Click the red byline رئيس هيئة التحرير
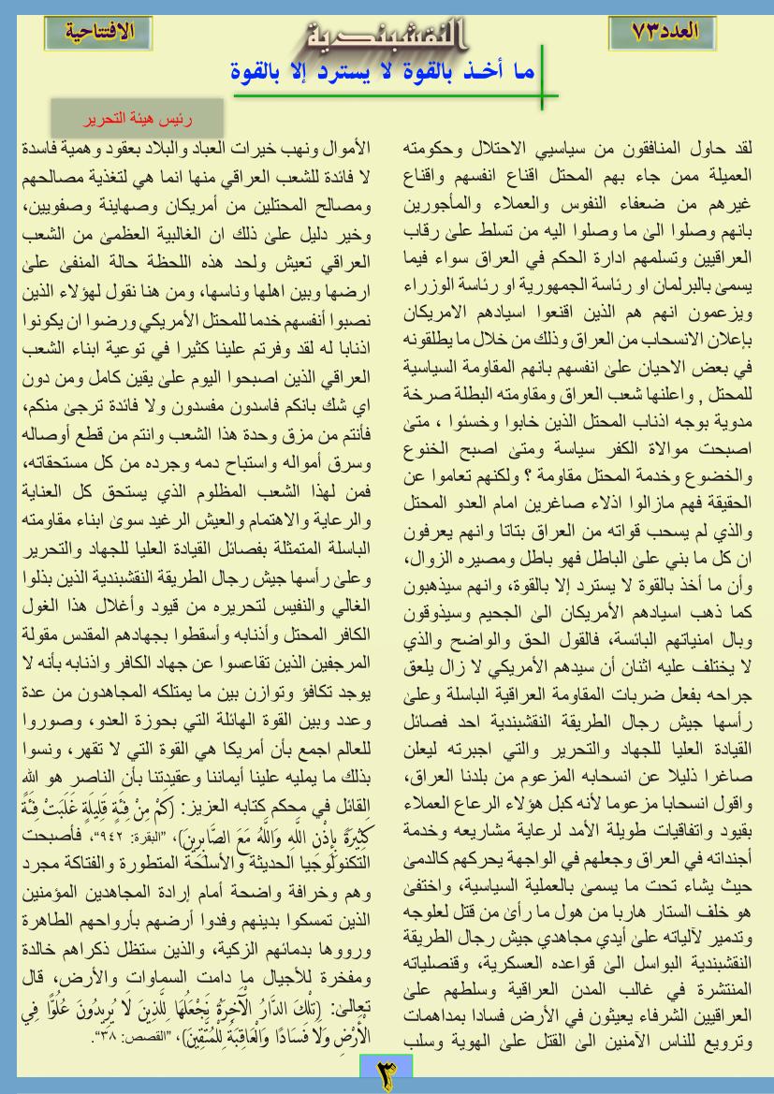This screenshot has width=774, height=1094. point(136,121)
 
